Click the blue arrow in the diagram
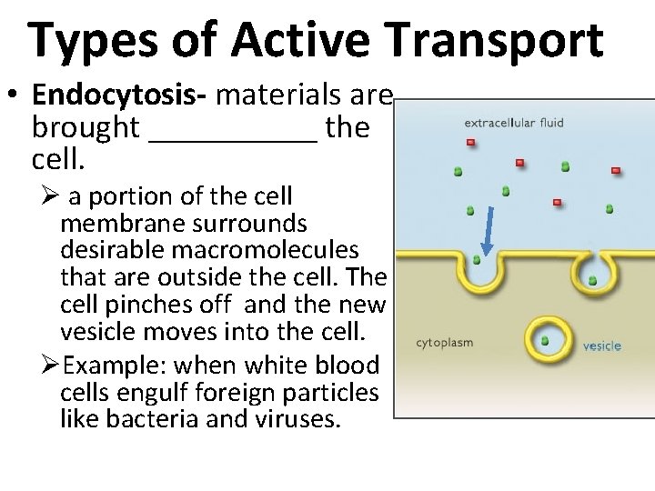pos(487,229)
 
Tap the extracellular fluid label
pos(515,120)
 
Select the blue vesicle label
pos(601,346)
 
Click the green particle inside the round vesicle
pos(544,341)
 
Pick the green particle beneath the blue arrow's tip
pos(477,260)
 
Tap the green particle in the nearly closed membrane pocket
pos(592,281)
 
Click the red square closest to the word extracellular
pos(470,142)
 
